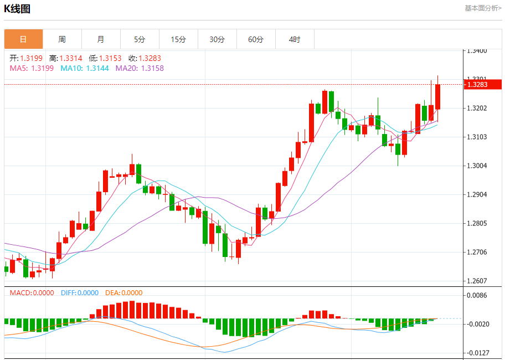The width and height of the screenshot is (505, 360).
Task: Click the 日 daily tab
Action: click(x=23, y=39)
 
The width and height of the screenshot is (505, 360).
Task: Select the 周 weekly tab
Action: click(x=62, y=39)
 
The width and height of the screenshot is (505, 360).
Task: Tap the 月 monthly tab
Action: click(x=101, y=39)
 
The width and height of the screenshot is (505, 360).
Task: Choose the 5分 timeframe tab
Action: click(x=140, y=39)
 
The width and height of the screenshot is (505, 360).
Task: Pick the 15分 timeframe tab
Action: click(x=178, y=39)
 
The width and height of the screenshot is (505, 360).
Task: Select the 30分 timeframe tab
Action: click(x=217, y=39)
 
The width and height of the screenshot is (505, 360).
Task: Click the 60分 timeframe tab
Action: click(x=256, y=39)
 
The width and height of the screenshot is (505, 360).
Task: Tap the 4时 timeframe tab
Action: click(x=295, y=39)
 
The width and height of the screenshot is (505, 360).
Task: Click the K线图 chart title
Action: click(x=17, y=9)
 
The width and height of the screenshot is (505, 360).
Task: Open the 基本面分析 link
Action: click(x=482, y=8)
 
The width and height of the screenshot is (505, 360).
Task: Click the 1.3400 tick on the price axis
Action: click(x=477, y=50)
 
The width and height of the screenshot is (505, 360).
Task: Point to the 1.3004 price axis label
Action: click(x=477, y=166)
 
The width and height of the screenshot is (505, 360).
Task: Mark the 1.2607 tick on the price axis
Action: click(x=477, y=281)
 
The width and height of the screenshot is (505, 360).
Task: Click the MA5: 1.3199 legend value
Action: click(x=32, y=68)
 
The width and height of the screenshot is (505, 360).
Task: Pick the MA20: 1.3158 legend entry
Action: click(x=140, y=68)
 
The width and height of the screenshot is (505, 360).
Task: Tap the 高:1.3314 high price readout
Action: click(x=65, y=58)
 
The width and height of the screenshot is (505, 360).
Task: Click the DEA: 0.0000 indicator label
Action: click(x=123, y=293)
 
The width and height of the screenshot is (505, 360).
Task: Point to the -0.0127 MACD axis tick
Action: click(x=477, y=353)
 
